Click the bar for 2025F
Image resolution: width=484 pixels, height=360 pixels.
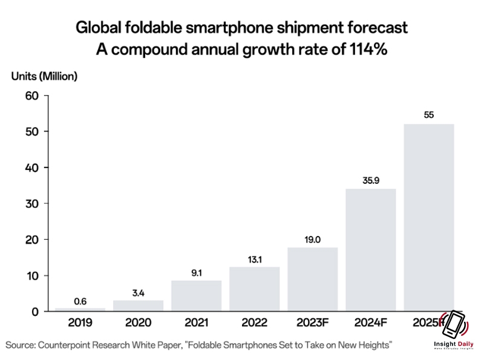[428, 218]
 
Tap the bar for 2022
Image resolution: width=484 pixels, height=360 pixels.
[255, 289]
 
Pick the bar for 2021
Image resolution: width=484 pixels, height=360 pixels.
[197, 296]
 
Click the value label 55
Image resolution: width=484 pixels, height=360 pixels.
[429, 115]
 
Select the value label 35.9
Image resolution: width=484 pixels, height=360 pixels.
[371, 180]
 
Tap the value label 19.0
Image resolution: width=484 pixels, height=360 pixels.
[313, 238]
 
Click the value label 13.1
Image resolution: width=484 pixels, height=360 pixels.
[255, 258]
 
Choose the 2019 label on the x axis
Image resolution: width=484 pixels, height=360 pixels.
[80, 323]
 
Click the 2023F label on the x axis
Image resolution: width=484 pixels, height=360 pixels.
[313, 323]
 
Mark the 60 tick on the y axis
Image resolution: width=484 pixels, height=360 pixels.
[31, 96]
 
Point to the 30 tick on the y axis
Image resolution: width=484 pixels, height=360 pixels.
[31, 203]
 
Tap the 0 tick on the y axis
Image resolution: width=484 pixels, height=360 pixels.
[35, 312]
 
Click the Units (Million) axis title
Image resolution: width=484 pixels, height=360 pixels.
[44, 76]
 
